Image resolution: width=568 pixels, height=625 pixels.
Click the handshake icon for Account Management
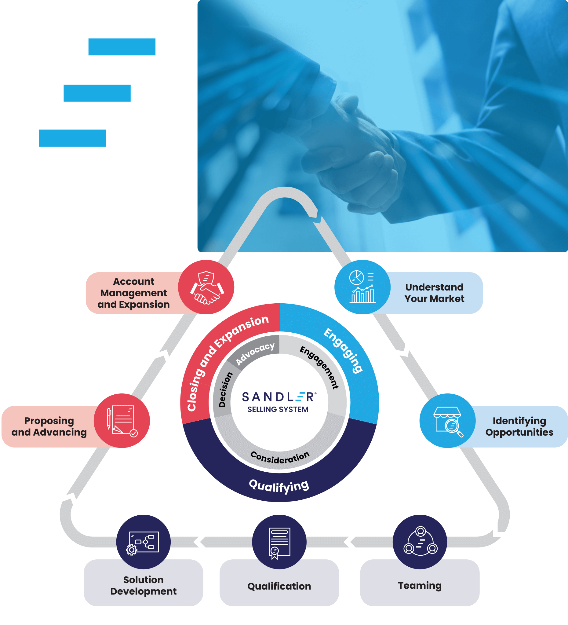[206, 287]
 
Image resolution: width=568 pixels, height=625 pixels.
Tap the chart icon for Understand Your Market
[362, 287]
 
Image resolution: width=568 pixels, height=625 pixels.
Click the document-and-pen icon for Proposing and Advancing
[122, 420]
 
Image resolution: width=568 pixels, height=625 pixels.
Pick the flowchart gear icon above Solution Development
[143, 543]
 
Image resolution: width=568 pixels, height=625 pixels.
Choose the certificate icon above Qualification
[279, 543]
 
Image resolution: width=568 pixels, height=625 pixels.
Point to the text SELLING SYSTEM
[278, 410]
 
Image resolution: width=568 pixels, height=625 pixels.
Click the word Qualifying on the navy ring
[279, 486]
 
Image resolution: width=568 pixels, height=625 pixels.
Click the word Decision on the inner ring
[225, 390]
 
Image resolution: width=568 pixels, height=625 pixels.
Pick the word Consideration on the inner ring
[280, 458]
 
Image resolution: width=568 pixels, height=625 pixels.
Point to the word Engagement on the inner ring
[319, 367]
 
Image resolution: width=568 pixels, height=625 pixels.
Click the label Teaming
[420, 586]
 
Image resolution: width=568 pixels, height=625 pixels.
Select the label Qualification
[279, 586]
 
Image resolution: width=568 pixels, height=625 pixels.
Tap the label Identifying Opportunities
[519, 426]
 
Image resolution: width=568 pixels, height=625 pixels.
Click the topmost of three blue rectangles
[122, 47]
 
